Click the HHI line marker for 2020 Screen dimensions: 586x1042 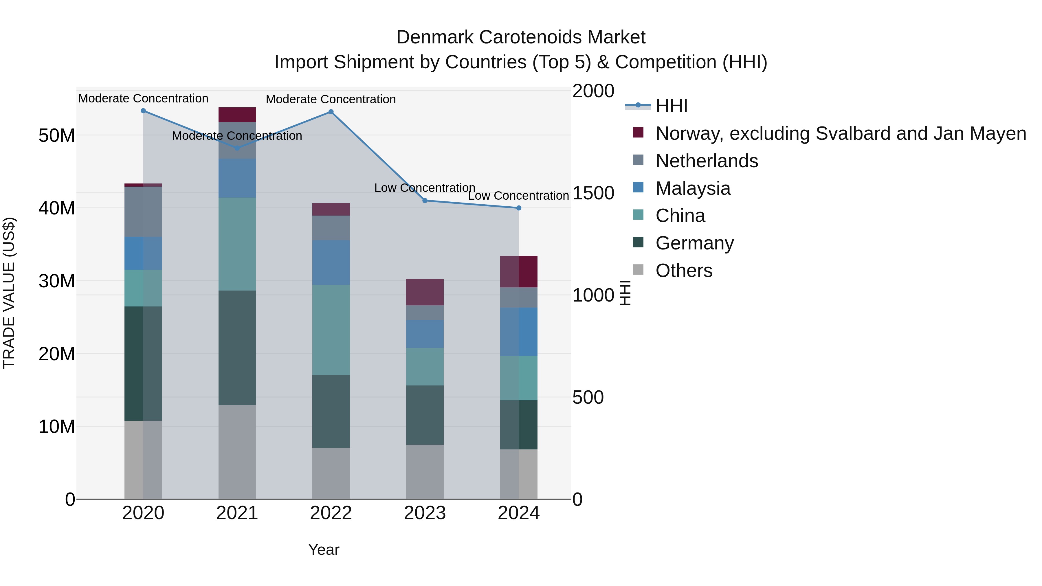pos(143,111)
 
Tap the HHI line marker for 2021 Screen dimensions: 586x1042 pos(237,148)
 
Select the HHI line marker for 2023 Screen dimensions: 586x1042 pos(425,201)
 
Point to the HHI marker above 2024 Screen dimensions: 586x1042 pos(519,208)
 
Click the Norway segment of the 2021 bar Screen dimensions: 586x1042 pos(237,115)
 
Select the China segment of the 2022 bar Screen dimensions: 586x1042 pos(331,330)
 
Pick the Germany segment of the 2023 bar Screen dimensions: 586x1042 pos(425,415)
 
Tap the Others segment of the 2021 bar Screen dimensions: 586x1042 pos(237,452)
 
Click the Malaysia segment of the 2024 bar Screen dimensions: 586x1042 pos(519,332)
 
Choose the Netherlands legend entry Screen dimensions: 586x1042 pos(706,161)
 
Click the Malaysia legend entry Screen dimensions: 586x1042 pos(693,188)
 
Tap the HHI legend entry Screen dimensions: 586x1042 pos(672,106)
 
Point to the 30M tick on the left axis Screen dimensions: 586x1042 pos(57,281)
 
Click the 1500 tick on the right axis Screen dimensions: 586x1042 pos(593,193)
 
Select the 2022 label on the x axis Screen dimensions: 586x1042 pos(331,513)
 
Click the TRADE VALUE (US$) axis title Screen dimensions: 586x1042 pos(9,293)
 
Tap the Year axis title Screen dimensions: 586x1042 pos(324,550)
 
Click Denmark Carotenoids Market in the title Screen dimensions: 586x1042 pos(521,37)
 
